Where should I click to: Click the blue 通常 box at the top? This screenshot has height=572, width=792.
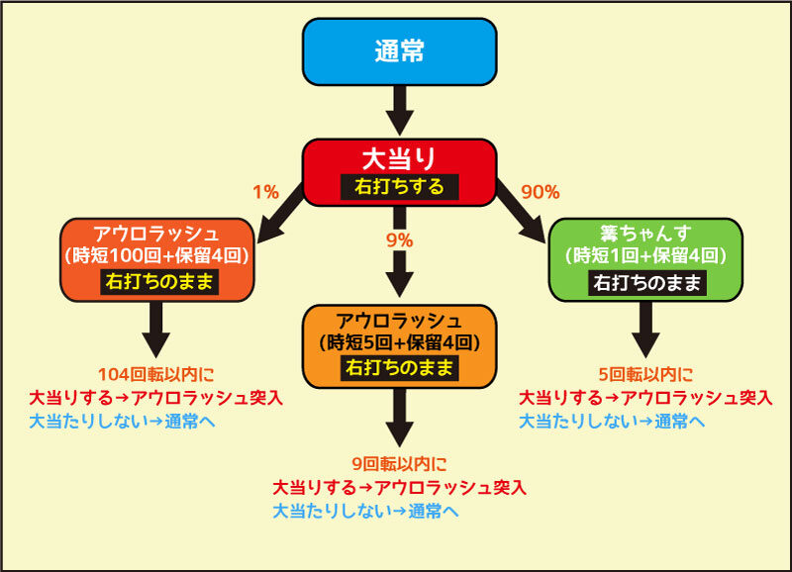(400, 51)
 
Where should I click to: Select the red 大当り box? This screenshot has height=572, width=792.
(400, 172)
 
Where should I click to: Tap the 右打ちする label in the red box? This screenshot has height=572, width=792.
(400, 187)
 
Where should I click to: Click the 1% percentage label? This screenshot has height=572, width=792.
(265, 192)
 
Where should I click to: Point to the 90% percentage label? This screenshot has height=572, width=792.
(541, 192)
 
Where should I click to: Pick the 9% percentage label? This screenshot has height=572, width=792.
(400, 240)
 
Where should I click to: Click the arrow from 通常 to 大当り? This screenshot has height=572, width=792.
(400, 111)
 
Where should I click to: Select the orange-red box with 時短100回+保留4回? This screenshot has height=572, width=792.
(157, 260)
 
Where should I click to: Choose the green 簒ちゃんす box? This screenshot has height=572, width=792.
(645, 260)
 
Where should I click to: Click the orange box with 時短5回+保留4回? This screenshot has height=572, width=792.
(400, 346)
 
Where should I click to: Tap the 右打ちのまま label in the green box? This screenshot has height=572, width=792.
(647, 283)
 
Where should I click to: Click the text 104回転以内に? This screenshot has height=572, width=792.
(156, 374)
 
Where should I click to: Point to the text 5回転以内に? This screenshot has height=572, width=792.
(645, 374)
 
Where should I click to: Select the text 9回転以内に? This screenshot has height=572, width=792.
(400, 463)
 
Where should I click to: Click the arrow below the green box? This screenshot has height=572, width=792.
(645, 330)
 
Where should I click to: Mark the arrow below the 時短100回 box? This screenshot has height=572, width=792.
(156, 330)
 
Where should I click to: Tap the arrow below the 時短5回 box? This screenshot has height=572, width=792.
(400, 418)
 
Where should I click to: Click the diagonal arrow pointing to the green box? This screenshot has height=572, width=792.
(522, 212)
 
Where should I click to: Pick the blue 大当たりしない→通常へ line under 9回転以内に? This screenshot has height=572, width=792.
(365, 511)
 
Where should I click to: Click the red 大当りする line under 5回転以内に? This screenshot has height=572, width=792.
(645, 398)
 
